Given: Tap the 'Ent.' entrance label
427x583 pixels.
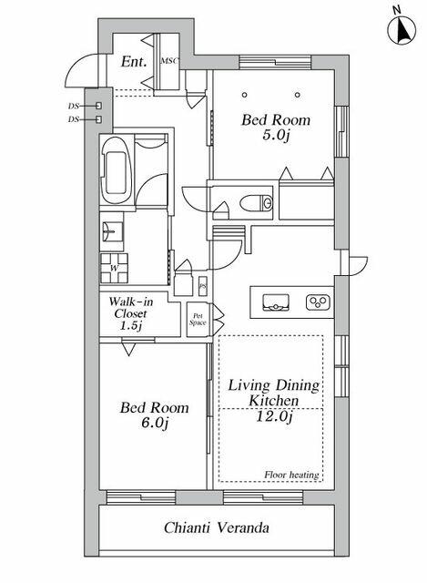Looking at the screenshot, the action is pos(134,62).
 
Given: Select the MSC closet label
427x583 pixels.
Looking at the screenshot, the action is pos(169,61).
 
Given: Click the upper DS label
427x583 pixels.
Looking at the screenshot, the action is pos(74,106).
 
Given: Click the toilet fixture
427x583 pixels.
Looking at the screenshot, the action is pos(256,203).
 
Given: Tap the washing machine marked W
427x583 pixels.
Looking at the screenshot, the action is pos(115,268).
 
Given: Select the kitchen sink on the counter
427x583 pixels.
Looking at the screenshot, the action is pos(276,302).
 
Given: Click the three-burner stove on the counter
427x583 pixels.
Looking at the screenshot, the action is pos(318,302).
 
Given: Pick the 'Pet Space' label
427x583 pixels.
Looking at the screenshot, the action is pos(198,320).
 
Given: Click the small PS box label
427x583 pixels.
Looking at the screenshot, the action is pos(202,286).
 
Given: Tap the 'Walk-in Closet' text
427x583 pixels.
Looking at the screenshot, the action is pos(130,308).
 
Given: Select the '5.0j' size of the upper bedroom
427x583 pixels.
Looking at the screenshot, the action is pos(275,135).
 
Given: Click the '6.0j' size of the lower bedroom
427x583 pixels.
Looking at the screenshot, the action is pos(154,423).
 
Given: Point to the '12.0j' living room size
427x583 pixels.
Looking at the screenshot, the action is pos(274,416).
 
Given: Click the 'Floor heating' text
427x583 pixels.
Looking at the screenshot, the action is pos(291,475).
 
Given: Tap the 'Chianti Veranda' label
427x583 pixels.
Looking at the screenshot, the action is pos(217,527).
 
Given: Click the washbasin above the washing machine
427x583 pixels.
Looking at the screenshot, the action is pos(112,231).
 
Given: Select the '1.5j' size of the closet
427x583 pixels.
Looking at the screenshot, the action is pos(130,326).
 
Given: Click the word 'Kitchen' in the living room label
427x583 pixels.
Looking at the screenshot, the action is pos(273,401).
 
